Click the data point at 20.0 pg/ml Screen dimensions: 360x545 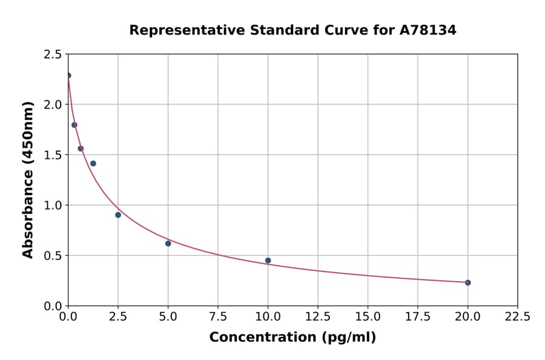(x=467, y=282)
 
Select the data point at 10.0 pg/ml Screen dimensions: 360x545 (x=268, y=261)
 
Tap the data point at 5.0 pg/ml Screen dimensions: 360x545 (x=168, y=244)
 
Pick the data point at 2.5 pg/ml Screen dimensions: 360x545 (x=118, y=215)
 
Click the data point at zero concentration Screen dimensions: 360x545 (x=68, y=76)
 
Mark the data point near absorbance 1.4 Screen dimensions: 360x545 (x=93, y=164)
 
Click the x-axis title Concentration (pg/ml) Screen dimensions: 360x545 (x=292, y=338)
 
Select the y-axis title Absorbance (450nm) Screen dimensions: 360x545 (x=28, y=179)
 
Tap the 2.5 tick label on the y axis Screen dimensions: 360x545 (x=52, y=55)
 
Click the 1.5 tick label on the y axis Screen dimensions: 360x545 (x=52, y=155)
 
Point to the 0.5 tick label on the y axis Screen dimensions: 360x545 (x=52, y=256)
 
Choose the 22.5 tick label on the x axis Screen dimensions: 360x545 (x=517, y=317)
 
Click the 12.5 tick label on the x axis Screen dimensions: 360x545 (x=317, y=317)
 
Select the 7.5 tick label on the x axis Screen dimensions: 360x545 (x=218, y=317)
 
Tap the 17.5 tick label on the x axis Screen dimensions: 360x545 (x=417, y=317)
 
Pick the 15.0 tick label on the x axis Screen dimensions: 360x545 (x=368, y=317)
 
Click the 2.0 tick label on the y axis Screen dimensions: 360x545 (x=52, y=105)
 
